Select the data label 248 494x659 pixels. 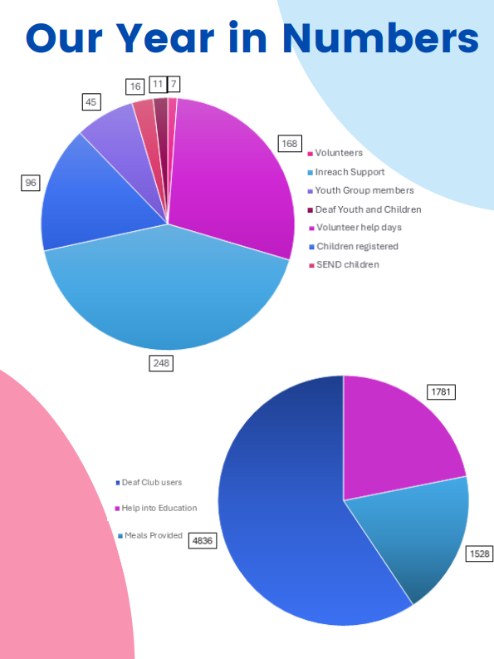coord(161,362)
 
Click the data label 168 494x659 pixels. coord(289,144)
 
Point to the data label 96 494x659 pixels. coord(31,183)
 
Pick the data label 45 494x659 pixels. coord(91,101)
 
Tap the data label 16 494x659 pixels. coord(135,86)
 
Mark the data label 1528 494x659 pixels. coord(479,553)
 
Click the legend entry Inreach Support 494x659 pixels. coord(350,172)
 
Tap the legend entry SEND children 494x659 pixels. coord(346,264)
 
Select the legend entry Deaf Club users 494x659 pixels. coord(151,482)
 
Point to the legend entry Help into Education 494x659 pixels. coord(159,508)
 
